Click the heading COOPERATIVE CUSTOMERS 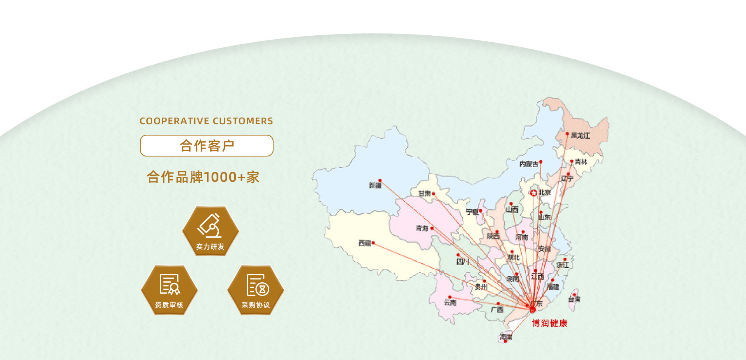coord(206,121)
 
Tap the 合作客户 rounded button coord(207,146)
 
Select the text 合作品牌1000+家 coord(203,177)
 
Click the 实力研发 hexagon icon coord(210,231)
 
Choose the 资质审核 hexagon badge coord(169,290)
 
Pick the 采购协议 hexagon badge coord(256,290)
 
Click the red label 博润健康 coord(549,323)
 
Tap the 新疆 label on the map coord(375,186)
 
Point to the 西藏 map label coord(364,243)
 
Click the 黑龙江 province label coord(580,136)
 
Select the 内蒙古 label coord(528,164)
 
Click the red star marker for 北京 coord(534,193)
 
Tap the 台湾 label coord(574,299)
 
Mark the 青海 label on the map coord(422,228)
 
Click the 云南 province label coord(450,303)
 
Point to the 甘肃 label coord(424,193)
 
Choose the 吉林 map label coord(581,162)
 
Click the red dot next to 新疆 coord(380,180)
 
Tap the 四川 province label coord(462,262)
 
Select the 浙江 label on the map coord(563,265)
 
